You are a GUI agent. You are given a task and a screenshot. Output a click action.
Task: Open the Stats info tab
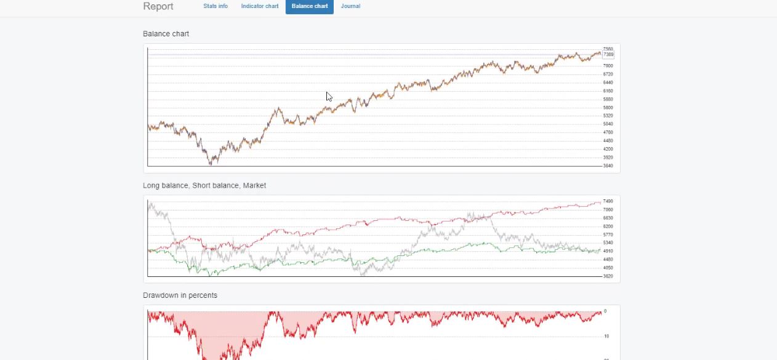pos(215,6)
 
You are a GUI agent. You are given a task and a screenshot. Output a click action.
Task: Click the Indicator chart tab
pos(260,6)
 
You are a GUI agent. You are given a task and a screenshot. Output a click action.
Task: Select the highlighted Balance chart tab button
pos(310,6)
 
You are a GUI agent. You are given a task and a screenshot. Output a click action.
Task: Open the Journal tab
pos(350,6)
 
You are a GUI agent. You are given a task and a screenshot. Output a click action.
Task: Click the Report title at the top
pos(158,6)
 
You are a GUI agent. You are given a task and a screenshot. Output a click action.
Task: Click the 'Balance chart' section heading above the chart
pos(166,34)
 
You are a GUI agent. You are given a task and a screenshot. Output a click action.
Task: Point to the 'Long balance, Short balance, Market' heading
pos(204,185)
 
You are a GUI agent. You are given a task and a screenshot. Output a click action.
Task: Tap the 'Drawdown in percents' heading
pos(180,295)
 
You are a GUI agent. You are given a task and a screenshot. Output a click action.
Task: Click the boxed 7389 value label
pos(608,55)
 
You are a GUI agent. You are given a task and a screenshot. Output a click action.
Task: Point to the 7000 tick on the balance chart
pos(608,66)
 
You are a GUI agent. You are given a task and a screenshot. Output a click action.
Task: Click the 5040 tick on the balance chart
pos(608,124)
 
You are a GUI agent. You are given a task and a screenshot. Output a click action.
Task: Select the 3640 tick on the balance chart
pos(608,166)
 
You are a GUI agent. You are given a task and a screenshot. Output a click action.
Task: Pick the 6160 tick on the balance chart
pos(608,91)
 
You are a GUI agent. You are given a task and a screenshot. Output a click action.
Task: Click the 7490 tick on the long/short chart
pos(608,201)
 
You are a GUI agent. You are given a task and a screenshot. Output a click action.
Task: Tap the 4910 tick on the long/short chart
pos(608,251)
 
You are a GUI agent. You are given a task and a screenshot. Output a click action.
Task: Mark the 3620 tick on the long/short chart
pos(608,276)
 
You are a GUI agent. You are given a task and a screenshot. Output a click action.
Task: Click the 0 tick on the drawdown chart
pos(605,311)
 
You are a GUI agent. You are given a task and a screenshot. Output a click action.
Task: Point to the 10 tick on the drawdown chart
pos(606,337)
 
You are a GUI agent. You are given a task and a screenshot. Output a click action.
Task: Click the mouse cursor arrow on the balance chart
pos(329,96)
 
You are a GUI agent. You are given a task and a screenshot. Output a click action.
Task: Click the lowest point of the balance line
pos(211,164)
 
